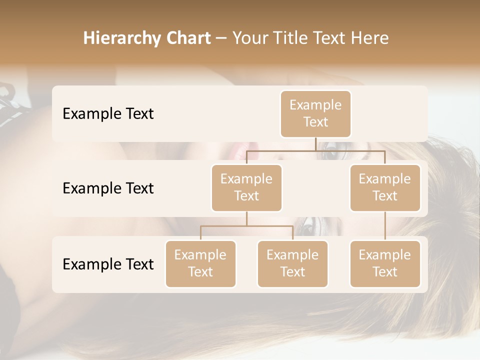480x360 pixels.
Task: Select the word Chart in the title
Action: point(186,38)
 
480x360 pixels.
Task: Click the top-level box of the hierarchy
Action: point(315,114)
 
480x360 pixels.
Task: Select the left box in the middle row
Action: point(246,188)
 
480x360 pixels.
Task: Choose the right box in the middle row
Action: point(385,188)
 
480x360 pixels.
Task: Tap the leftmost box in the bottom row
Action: point(200,264)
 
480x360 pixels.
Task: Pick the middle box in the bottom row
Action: point(292,264)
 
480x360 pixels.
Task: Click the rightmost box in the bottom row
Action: point(385,264)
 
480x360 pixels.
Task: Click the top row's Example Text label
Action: point(108,114)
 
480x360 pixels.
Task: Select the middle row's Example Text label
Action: point(108,188)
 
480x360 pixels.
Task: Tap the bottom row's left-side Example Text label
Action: point(108,264)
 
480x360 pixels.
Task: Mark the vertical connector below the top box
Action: point(315,144)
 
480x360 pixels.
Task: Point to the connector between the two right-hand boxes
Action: point(385,226)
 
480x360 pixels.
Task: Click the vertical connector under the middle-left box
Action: point(246,218)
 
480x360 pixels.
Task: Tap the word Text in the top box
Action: point(315,122)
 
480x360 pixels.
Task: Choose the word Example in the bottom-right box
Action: point(385,255)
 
